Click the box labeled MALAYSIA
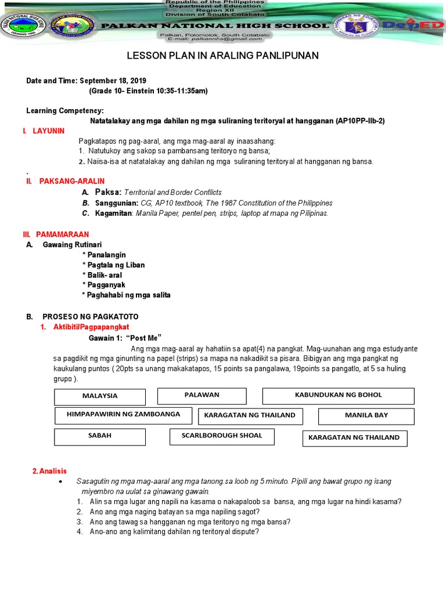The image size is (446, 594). point(99,396)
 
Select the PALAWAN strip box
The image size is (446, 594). point(202,396)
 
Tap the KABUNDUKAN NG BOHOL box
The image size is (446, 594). point(338,396)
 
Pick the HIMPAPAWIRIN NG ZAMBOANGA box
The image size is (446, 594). point(123,415)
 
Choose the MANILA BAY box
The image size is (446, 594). point(366,416)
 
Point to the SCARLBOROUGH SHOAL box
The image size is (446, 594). point(221,436)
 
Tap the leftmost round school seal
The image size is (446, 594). point(21,26)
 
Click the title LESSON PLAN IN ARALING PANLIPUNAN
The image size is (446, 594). point(222,56)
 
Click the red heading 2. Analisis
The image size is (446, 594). point(50,471)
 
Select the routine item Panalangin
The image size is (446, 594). point(105,255)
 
